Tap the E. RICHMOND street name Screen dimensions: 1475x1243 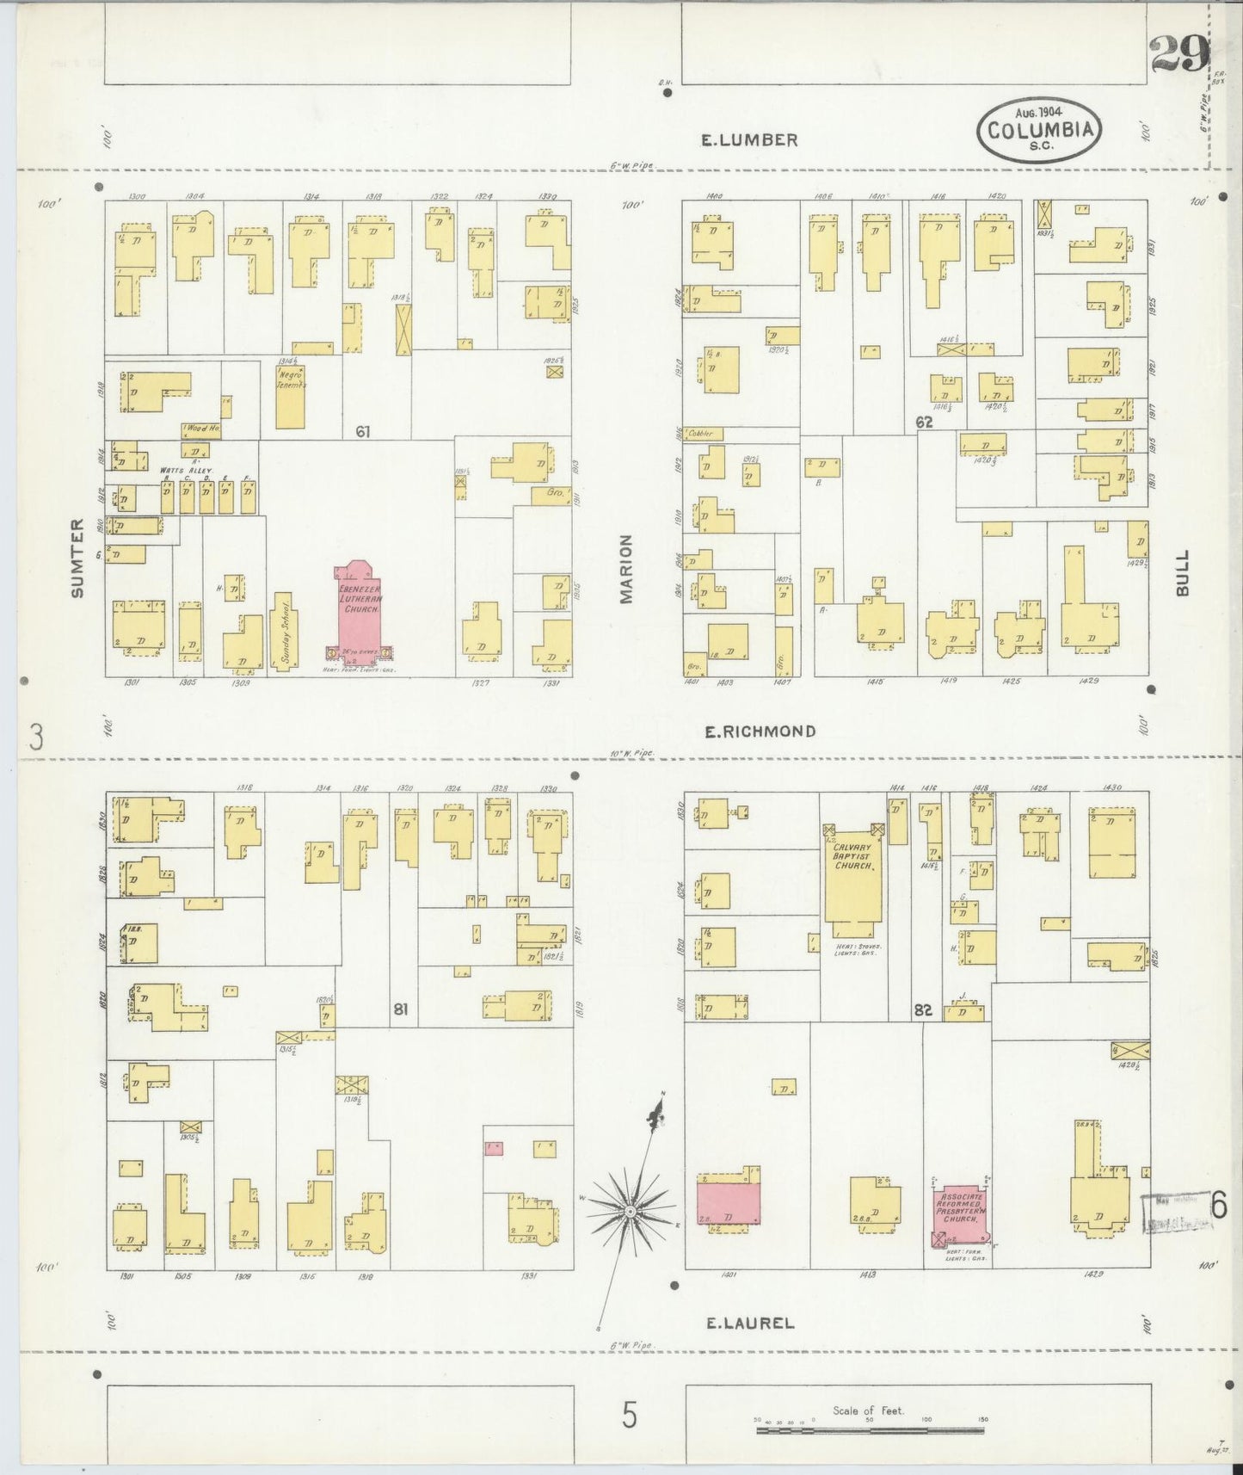click(x=760, y=731)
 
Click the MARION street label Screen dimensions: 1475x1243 click(x=626, y=569)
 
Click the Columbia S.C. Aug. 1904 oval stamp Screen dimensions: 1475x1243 click(x=1040, y=130)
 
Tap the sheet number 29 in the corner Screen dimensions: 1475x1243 click(x=1178, y=56)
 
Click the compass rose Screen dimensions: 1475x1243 click(x=631, y=1212)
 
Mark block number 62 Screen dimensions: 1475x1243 click(x=924, y=423)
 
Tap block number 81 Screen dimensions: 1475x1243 click(x=400, y=1009)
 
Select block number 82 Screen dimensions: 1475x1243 click(x=923, y=1010)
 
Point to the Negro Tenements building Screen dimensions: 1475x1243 click(x=290, y=398)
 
